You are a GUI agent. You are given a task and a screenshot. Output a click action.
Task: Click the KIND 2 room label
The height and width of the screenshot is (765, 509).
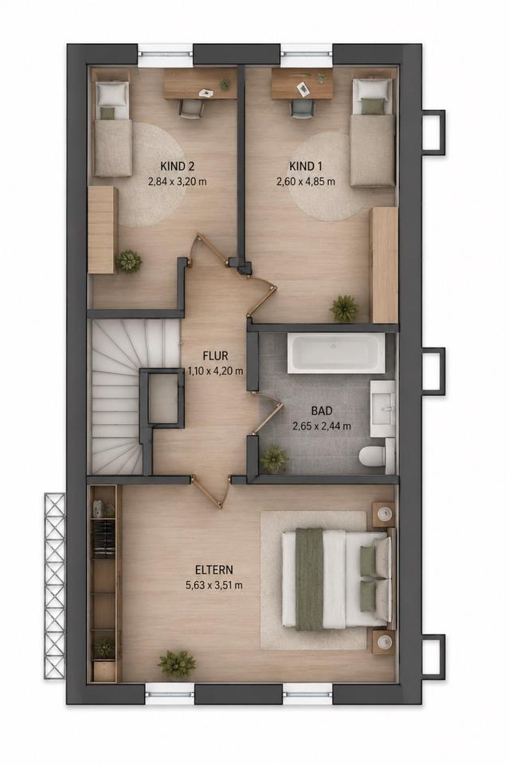178,167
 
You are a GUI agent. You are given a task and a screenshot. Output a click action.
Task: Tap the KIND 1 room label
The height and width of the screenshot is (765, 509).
306,167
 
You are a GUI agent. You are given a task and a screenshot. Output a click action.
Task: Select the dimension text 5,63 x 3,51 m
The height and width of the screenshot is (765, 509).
214,585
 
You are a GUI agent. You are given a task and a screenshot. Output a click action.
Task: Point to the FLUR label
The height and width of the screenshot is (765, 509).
216,356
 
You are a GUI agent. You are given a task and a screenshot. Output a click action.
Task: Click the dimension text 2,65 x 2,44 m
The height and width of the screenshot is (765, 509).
322,426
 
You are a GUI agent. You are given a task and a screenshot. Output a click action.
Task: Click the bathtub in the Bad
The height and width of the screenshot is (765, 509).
335,353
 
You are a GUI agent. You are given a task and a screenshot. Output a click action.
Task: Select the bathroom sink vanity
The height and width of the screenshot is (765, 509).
382,409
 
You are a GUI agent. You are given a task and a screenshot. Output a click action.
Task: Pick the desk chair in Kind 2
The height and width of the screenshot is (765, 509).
190,109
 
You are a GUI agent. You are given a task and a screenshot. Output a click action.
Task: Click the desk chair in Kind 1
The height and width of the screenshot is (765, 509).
301,109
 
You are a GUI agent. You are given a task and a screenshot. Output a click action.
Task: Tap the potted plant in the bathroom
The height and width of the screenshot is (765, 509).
273,459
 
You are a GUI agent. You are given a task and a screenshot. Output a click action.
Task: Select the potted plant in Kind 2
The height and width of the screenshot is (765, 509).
129,261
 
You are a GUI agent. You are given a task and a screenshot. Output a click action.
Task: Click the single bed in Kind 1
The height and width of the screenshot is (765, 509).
374,133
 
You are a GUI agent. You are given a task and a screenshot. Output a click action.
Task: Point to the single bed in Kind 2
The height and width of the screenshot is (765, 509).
112,128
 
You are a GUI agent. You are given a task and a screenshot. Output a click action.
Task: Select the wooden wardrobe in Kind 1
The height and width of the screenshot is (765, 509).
385,265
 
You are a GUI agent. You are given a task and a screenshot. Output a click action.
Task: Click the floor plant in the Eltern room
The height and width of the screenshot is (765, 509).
177,664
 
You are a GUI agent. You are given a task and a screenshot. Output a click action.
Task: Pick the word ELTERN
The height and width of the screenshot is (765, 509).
214,570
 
